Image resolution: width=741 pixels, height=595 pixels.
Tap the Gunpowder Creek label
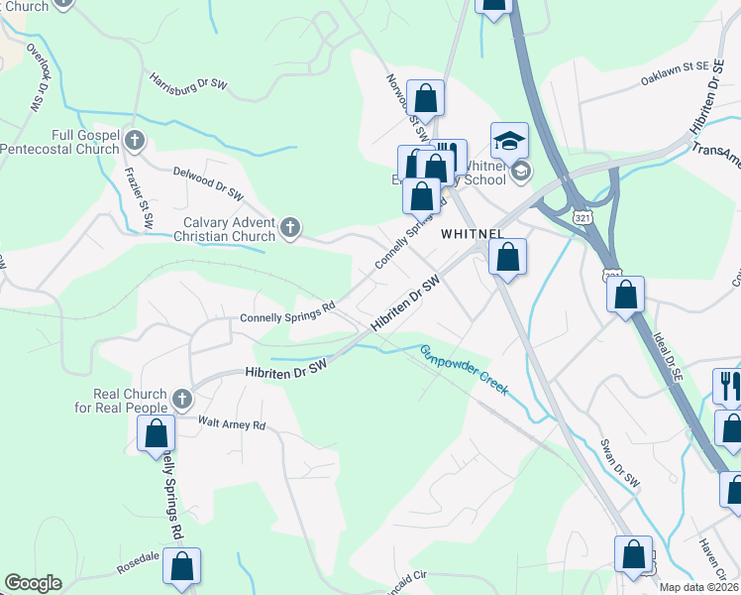pyautogui.click(x=463, y=370)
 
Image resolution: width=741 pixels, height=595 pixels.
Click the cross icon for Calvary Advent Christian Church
pyautogui.click(x=290, y=229)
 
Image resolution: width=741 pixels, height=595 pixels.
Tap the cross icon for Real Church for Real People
pyautogui.click(x=180, y=400)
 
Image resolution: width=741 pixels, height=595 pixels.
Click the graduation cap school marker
pyautogui.click(x=509, y=142)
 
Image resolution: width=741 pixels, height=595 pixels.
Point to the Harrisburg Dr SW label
pyautogui.click(x=188, y=81)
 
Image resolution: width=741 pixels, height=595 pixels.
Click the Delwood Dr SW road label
pyautogui.click(x=208, y=182)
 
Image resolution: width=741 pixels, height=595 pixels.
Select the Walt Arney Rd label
pyautogui.click(x=232, y=424)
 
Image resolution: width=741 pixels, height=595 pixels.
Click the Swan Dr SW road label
pyautogui.click(x=620, y=463)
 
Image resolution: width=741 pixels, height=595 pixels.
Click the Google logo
pyautogui.click(x=33, y=583)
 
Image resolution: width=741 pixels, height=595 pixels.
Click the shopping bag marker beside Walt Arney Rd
pyautogui.click(x=156, y=433)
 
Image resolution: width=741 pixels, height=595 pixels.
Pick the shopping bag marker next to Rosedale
pyautogui.click(x=181, y=566)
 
